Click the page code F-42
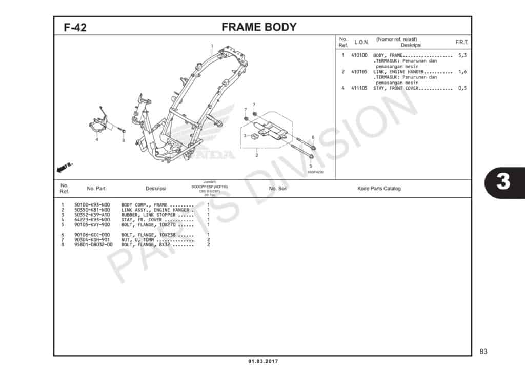tap(75, 28)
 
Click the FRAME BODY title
tap(259, 27)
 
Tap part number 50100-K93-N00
tap(92, 205)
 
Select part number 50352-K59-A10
tap(92, 215)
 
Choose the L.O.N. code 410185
tap(359, 72)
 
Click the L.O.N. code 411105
tap(359, 88)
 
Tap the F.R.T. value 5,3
tap(462, 55)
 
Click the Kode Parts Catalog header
tap(379, 189)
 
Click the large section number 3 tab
tap(503, 182)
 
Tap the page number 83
tap(483, 352)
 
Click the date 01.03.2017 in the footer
tap(263, 362)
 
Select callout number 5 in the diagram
tap(310, 166)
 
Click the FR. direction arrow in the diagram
tap(65, 167)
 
